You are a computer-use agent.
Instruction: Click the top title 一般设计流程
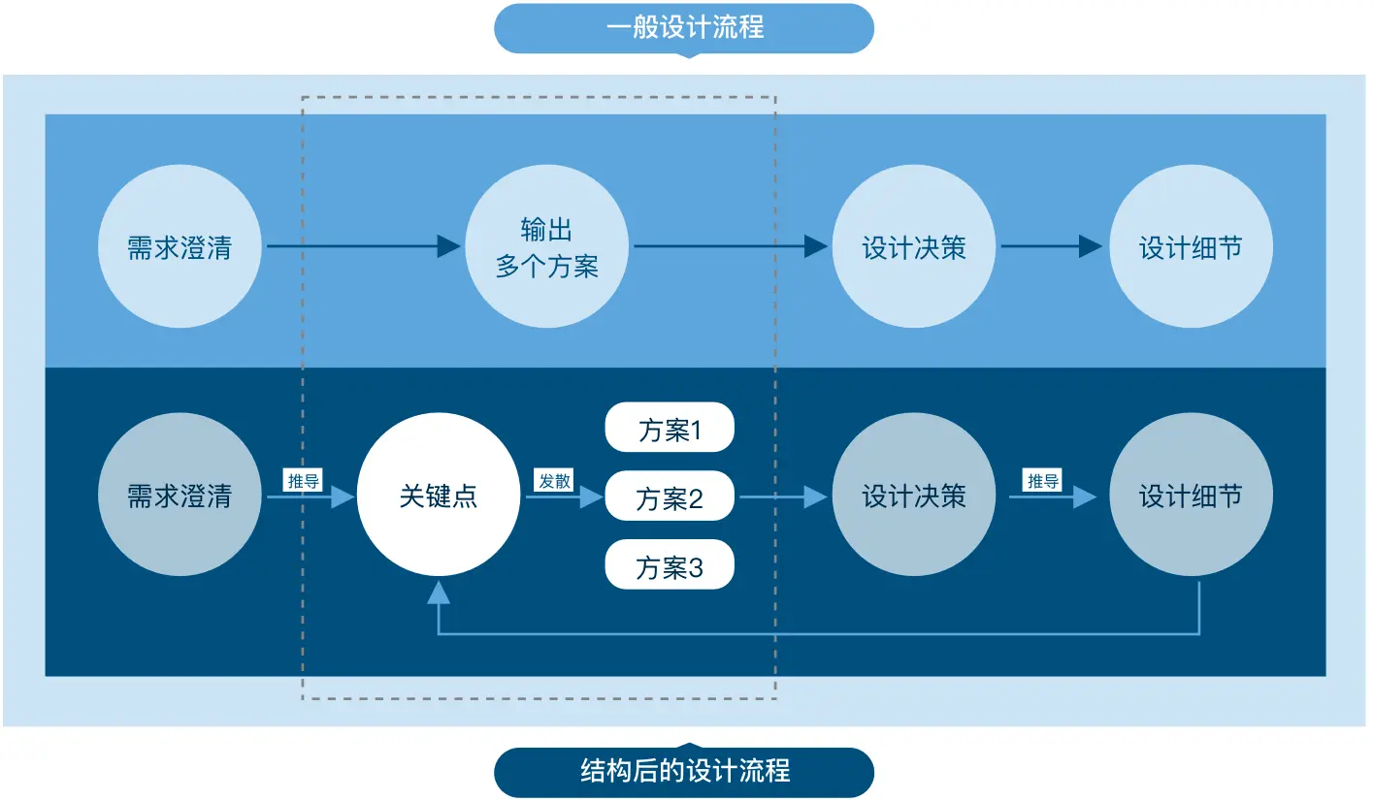click(684, 27)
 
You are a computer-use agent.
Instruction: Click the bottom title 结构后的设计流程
click(684, 772)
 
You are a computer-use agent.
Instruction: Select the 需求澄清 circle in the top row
click(180, 246)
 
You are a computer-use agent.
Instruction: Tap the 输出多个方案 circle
click(547, 246)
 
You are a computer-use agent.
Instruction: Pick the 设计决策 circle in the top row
click(914, 246)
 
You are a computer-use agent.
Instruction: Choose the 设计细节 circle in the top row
click(1191, 246)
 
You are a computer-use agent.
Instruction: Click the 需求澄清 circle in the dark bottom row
click(180, 496)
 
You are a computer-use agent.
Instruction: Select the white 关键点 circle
click(439, 496)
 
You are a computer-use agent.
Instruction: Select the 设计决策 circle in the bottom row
click(914, 496)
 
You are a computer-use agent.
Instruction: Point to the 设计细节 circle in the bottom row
click(1191, 496)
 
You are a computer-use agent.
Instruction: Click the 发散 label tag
click(555, 480)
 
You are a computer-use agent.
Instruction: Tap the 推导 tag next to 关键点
click(303, 480)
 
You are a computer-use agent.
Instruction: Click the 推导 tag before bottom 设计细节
click(1043, 480)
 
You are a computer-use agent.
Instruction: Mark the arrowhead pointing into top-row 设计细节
click(1091, 246)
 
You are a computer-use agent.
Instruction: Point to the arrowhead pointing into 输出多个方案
click(448, 246)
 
